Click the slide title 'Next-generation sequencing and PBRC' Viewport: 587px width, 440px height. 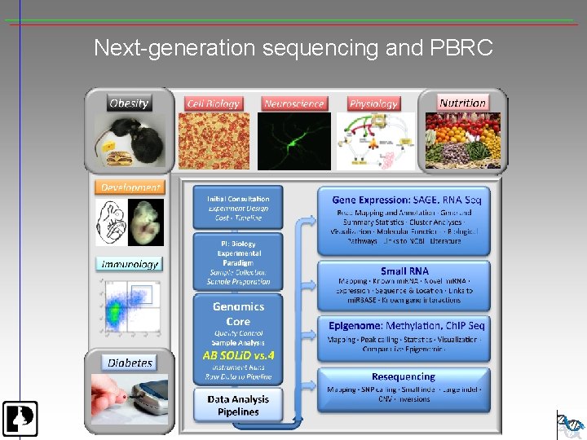pos(293,48)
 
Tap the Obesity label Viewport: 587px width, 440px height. pos(129,103)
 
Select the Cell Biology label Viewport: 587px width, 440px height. pos(213,103)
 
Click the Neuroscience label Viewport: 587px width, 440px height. pos(294,103)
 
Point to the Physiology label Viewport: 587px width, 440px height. pos(373,103)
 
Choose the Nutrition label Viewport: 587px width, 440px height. pos(462,103)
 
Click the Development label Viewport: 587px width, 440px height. pos(130,187)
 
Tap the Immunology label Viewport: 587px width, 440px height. pos(130,264)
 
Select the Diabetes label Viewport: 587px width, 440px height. pos(130,363)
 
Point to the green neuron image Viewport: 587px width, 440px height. pos(294,141)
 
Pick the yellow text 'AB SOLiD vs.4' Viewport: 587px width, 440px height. pos(238,356)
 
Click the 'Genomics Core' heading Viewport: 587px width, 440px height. pos(238,314)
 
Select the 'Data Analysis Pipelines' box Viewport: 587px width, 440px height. pos(238,405)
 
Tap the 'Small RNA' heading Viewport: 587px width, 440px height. pos(404,271)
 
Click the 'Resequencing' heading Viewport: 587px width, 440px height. pos(404,376)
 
